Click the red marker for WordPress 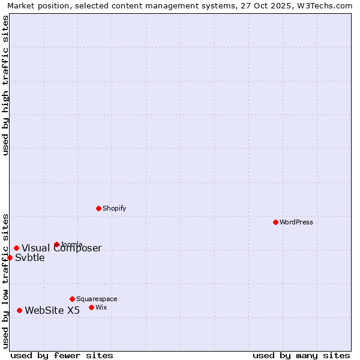pyautogui.click(x=275, y=222)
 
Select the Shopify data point pyautogui.click(x=98, y=208)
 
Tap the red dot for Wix pyautogui.click(x=91, y=307)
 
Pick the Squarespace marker pyautogui.click(x=72, y=299)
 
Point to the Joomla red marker pyautogui.click(x=56, y=244)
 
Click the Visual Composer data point pyautogui.click(x=16, y=248)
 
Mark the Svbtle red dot pyautogui.click(x=10, y=257)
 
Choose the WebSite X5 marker pyautogui.click(x=19, y=310)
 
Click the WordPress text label pyautogui.click(x=296, y=222)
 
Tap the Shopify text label pyautogui.click(x=114, y=208)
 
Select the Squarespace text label pyautogui.click(x=97, y=299)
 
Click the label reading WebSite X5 pyautogui.click(x=52, y=310)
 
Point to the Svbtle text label pyautogui.click(x=30, y=258)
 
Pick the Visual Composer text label pyautogui.click(x=62, y=248)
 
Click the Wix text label pyautogui.click(x=101, y=307)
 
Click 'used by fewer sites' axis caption pyautogui.click(x=62, y=355)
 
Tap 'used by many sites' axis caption pyautogui.click(x=301, y=355)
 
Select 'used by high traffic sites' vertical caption pyautogui.click(x=6, y=85)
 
